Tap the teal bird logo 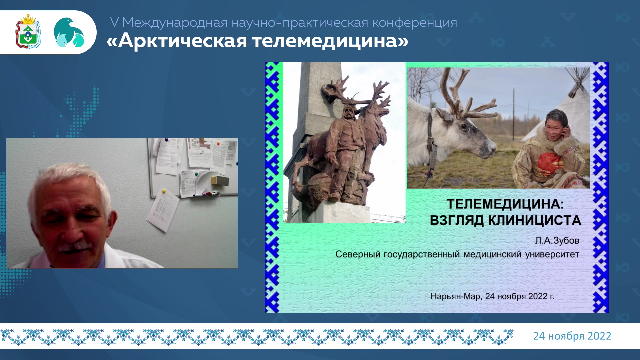tap(69, 32)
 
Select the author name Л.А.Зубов tap(557, 240)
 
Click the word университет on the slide tap(552, 254)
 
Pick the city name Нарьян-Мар tap(456, 296)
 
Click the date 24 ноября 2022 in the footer tap(572, 336)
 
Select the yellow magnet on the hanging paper tap(164, 191)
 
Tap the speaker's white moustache tap(75, 246)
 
